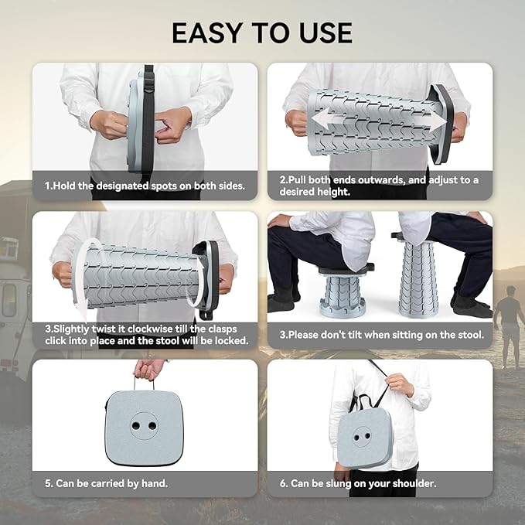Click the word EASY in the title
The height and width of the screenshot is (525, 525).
tap(206, 32)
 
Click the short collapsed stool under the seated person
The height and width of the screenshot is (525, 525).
tap(343, 291)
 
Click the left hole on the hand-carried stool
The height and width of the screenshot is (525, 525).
tap(136, 426)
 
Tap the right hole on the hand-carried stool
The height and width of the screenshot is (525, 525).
tap(152, 426)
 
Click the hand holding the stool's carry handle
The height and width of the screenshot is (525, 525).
tap(148, 369)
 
